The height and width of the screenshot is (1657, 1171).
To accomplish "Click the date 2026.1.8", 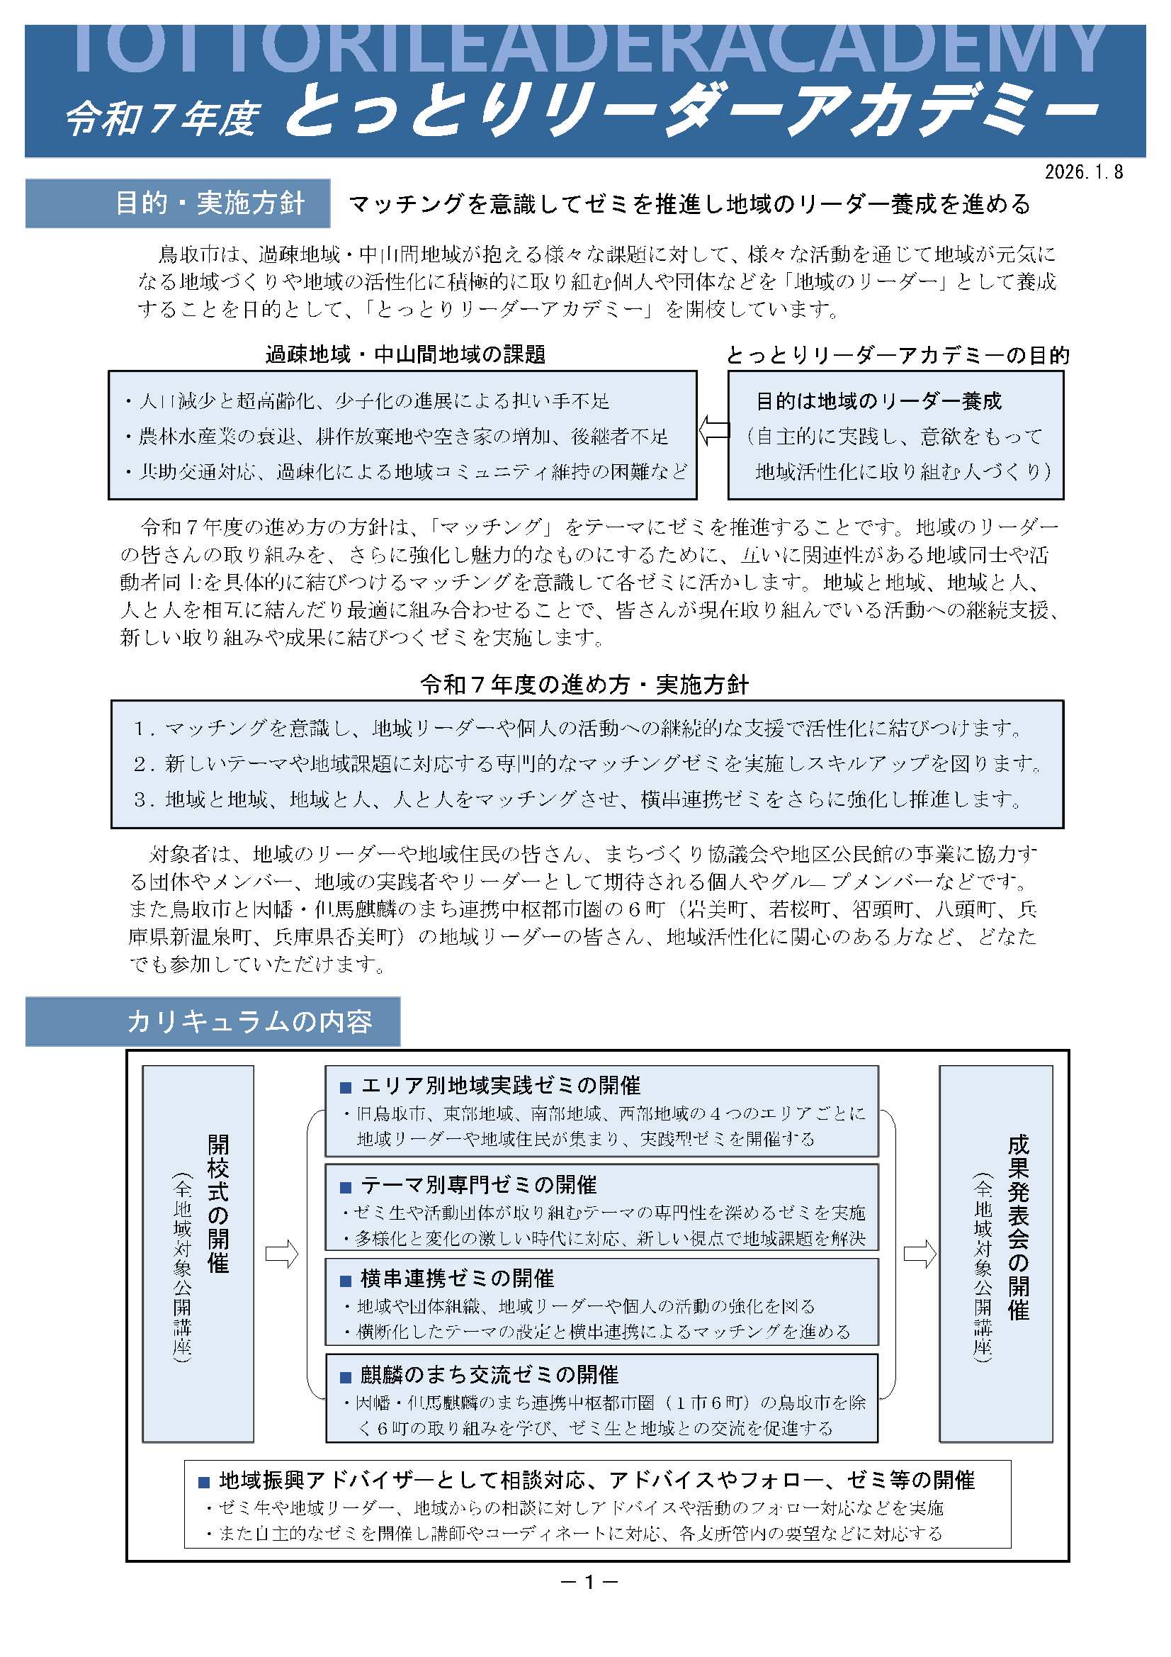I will click(1084, 172).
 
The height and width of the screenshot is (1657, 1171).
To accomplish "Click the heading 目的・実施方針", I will click(210, 203).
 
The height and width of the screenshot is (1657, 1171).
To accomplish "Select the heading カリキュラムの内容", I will click(249, 1021).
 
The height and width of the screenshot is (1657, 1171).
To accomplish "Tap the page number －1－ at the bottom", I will click(589, 1582).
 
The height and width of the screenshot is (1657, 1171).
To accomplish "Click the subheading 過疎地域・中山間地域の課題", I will click(405, 354).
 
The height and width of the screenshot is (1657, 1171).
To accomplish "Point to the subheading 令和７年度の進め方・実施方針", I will click(584, 684).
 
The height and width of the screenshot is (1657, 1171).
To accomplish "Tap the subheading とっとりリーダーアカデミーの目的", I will click(898, 355).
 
